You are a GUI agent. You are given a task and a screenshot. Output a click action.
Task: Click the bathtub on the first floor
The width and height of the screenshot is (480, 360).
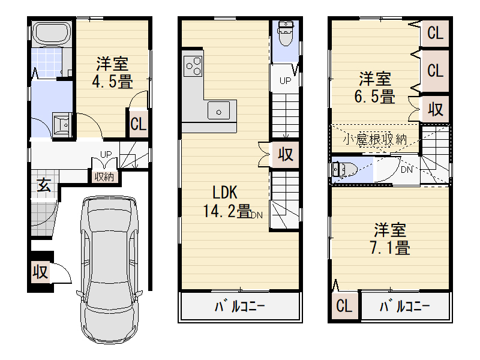pos(52,34)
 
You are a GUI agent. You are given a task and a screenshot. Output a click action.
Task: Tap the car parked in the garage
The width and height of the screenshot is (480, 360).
pos(109,270)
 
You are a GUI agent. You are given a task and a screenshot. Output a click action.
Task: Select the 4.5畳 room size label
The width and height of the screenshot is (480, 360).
pos(113,82)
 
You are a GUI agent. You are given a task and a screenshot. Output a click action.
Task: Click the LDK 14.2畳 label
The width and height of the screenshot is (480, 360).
pos(227,202)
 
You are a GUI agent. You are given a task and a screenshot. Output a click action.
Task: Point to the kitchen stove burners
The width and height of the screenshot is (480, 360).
pos(193,66)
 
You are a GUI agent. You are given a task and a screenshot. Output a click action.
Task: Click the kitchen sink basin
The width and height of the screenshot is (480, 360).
pos(218,110)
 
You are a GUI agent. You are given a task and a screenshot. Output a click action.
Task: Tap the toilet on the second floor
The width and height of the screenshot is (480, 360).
pos(286,33)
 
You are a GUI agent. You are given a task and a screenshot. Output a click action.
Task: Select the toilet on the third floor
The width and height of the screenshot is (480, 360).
pos(345,170)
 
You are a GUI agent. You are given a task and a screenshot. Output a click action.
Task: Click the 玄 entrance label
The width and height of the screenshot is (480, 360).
pos(44,185)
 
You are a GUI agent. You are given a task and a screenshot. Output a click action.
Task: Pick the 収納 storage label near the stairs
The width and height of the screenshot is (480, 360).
pos(104,176)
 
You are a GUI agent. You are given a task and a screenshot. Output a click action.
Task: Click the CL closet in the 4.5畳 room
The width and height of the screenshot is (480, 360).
pos(139,124)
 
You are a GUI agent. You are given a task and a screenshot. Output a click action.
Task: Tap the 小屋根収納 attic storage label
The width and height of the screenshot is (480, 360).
pos(375,140)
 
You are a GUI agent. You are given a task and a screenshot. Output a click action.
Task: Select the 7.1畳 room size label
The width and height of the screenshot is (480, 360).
pos(390,248)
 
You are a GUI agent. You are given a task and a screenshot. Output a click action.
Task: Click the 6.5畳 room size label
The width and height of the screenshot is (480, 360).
pos(374,97)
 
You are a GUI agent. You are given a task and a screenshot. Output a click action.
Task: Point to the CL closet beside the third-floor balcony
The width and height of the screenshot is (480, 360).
pos(344,305)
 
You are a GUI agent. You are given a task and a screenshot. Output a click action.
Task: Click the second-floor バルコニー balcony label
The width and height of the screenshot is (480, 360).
pos(239,306)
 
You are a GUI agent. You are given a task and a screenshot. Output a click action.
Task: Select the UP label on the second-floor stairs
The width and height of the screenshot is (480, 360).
pos(285,81)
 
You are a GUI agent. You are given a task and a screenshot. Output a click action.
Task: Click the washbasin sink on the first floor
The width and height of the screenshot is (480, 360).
pos(63,125)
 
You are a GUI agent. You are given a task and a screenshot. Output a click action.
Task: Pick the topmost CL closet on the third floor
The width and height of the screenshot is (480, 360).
pos(435,33)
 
